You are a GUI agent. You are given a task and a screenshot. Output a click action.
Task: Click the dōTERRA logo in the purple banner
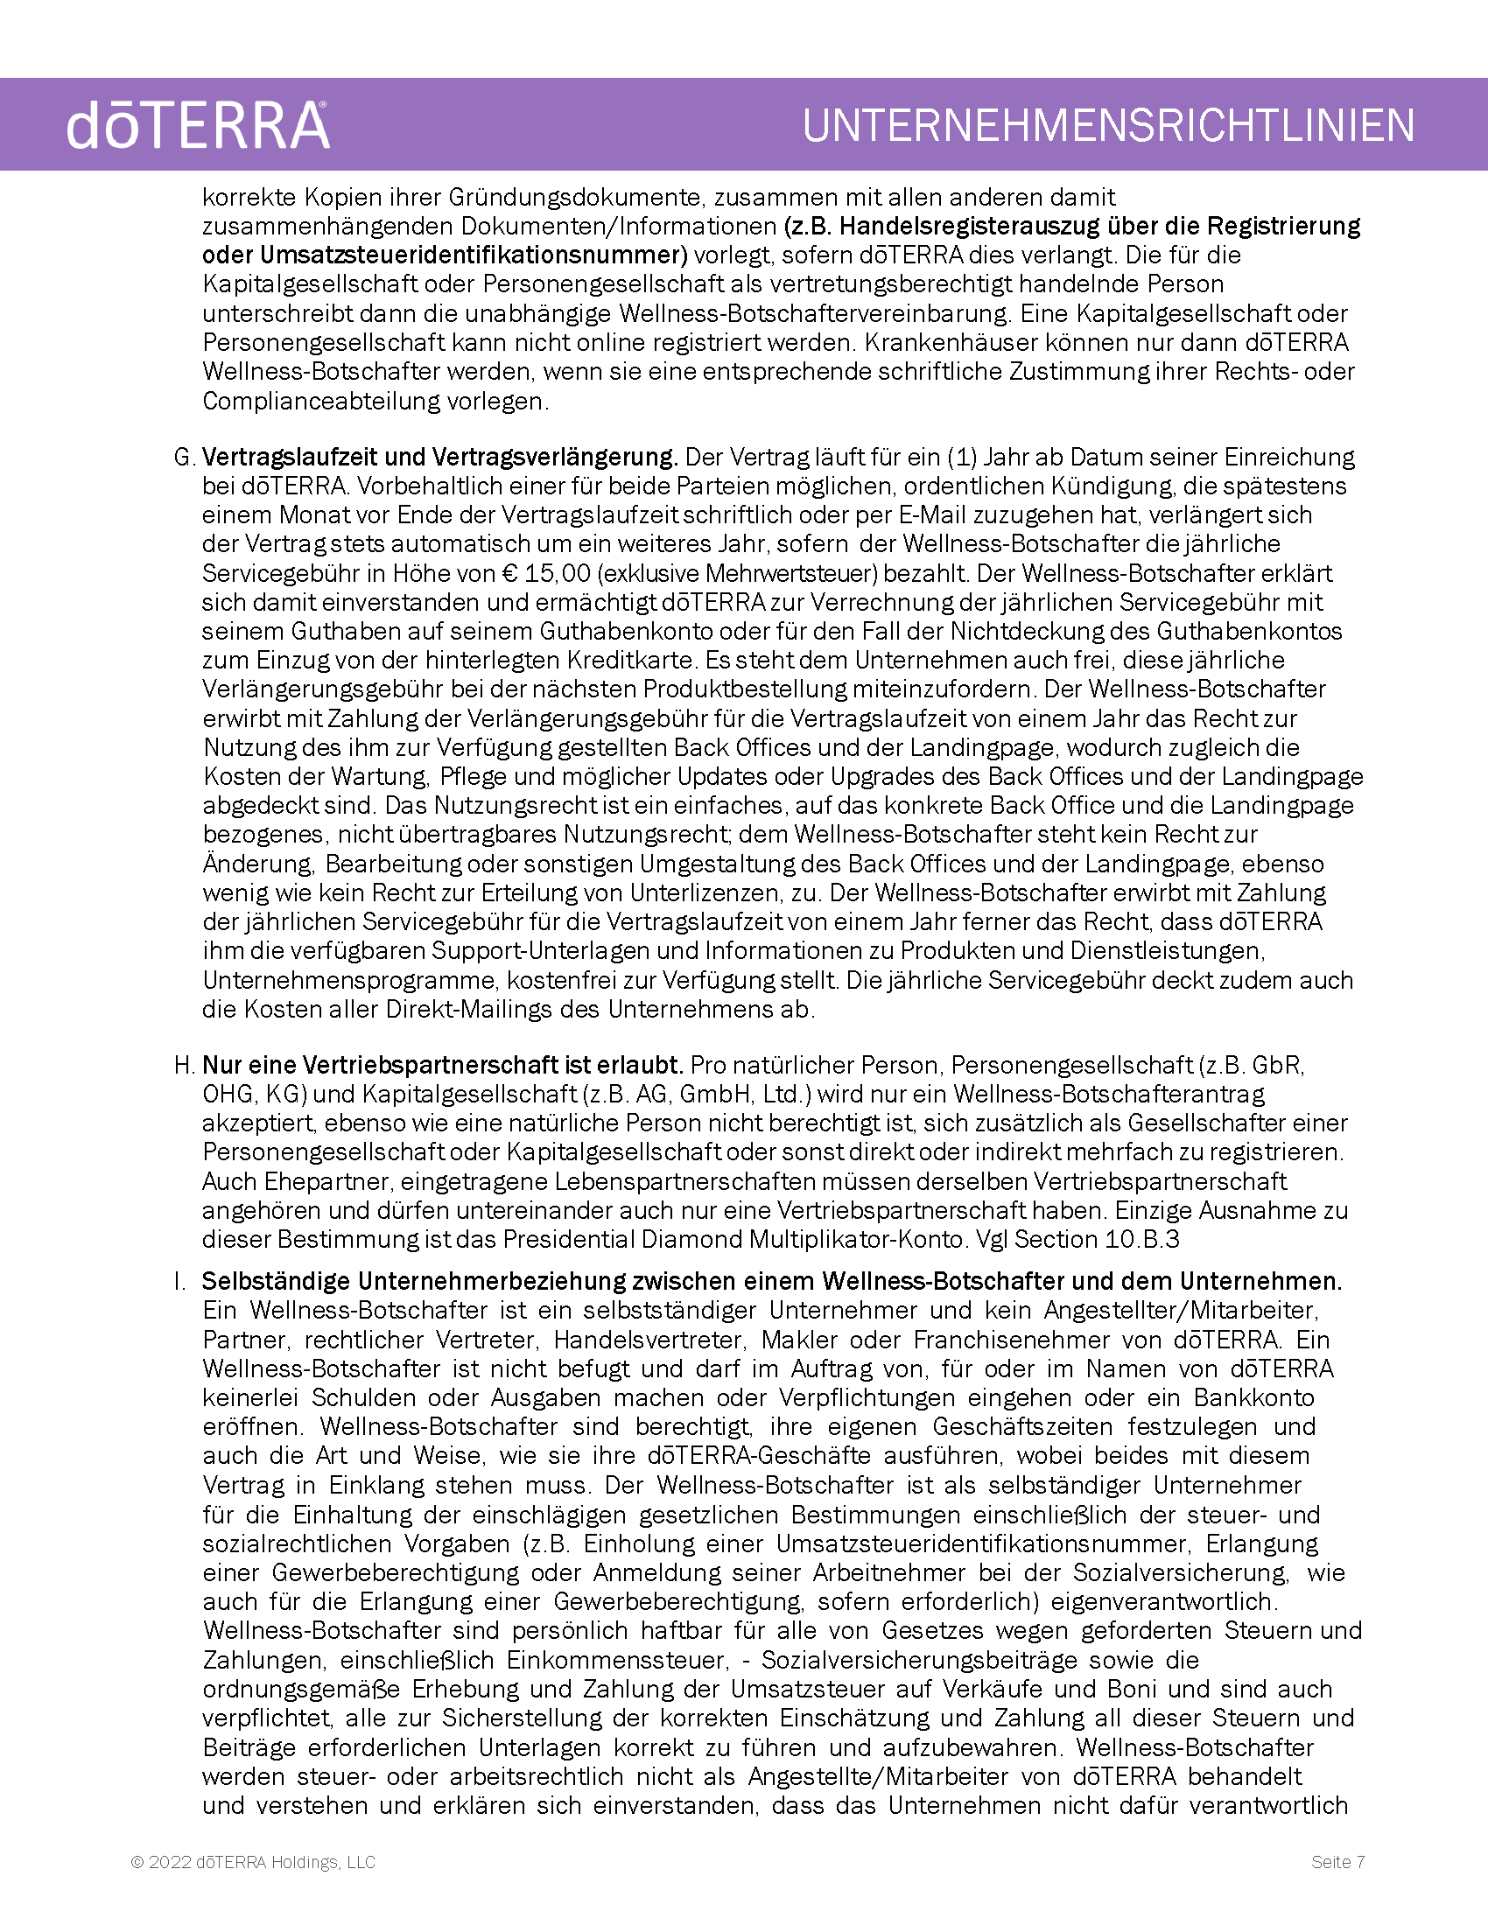tap(198, 125)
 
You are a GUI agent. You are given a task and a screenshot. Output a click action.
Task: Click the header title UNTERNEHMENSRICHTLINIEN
tap(1108, 125)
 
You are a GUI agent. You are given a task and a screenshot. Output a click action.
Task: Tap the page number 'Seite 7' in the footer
tap(1337, 1861)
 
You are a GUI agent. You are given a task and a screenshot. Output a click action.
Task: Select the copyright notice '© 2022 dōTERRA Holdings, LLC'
tap(253, 1861)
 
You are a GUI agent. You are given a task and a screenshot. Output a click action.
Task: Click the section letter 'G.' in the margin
tap(183, 458)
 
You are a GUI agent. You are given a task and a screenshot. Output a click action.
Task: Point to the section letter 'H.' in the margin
tap(183, 1066)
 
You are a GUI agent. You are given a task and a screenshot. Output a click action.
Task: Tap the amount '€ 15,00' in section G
tap(544, 574)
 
